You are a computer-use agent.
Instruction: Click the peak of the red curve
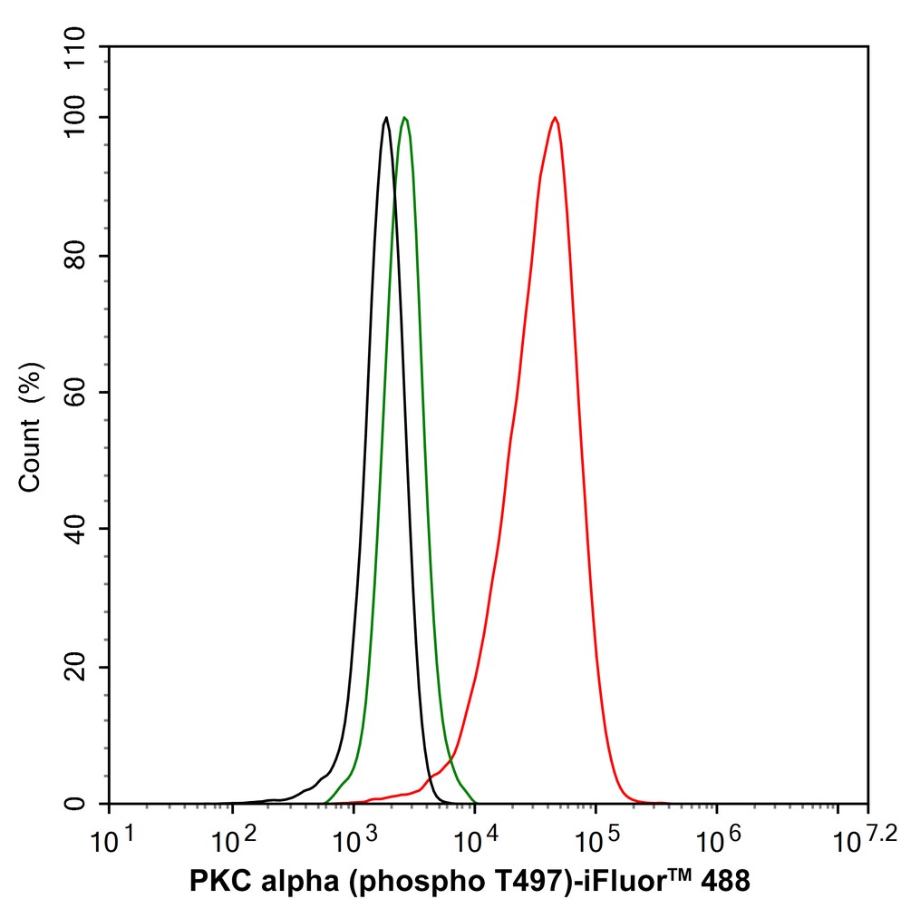tap(554, 118)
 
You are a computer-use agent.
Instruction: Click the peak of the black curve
tap(386, 117)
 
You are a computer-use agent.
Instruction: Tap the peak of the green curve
tap(404, 117)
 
